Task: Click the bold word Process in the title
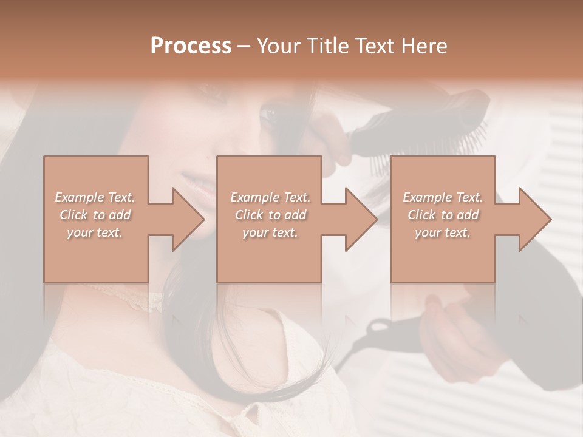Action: click(x=191, y=46)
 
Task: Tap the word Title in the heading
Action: click(x=327, y=46)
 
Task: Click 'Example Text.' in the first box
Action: click(x=95, y=197)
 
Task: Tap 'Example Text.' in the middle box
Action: click(x=270, y=197)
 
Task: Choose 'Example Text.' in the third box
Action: click(x=443, y=197)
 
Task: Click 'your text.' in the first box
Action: click(x=95, y=232)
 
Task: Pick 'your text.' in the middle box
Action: click(x=270, y=232)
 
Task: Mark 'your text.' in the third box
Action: click(x=443, y=232)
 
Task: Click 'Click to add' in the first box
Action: click(x=95, y=215)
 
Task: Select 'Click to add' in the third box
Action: click(x=443, y=215)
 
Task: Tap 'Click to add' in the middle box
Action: click(x=270, y=215)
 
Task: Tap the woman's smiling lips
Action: click(x=196, y=180)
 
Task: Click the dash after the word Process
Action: click(x=244, y=46)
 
